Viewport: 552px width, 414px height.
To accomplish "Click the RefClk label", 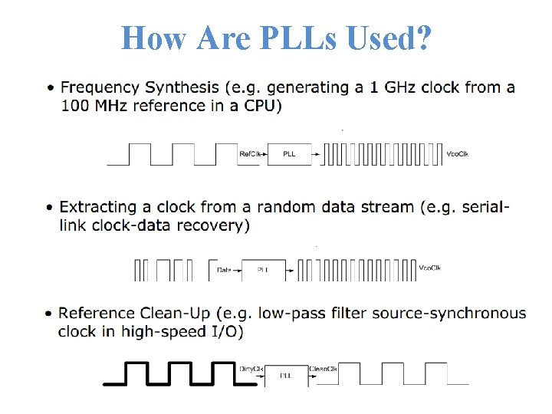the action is click(x=250, y=154).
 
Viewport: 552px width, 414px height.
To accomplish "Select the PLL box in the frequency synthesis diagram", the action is click(x=289, y=154).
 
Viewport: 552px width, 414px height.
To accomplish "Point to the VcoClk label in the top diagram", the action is click(x=458, y=154).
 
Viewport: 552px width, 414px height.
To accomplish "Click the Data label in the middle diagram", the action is click(x=224, y=270).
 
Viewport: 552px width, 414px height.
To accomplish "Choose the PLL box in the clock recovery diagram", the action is click(x=263, y=270).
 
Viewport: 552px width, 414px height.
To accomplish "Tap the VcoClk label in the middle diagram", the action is click(x=430, y=268).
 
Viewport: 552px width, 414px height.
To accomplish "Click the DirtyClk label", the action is click(x=251, y=369).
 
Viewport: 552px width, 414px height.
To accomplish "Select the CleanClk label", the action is click(x=323, y=369).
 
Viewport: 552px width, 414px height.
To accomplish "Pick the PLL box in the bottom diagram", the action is click(x=286, y=375).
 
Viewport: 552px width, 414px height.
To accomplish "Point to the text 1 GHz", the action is click(x=386, y=87).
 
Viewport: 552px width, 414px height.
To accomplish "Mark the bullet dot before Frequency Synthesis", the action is click(x=50, y=88).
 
